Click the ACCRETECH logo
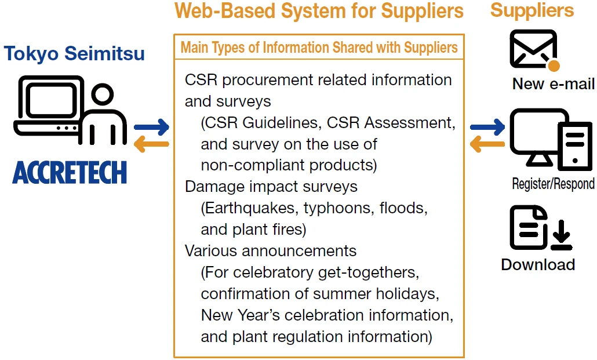tap(69, 172)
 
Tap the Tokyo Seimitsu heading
tap(74, 54)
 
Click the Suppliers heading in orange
tap(532, 10)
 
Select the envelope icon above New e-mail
tap(533, 49)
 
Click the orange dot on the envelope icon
tap(554, 65)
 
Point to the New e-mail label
tap(553, 84)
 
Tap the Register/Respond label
tap(553, 184)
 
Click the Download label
tap(538, 265)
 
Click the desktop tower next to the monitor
tap(576, 146)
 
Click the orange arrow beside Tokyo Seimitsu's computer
tap(151, 144)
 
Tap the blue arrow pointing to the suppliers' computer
tap(487, 126)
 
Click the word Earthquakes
tap(243, 208)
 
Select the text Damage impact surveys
tap(271, 187)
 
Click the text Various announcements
tap(270, 251)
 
